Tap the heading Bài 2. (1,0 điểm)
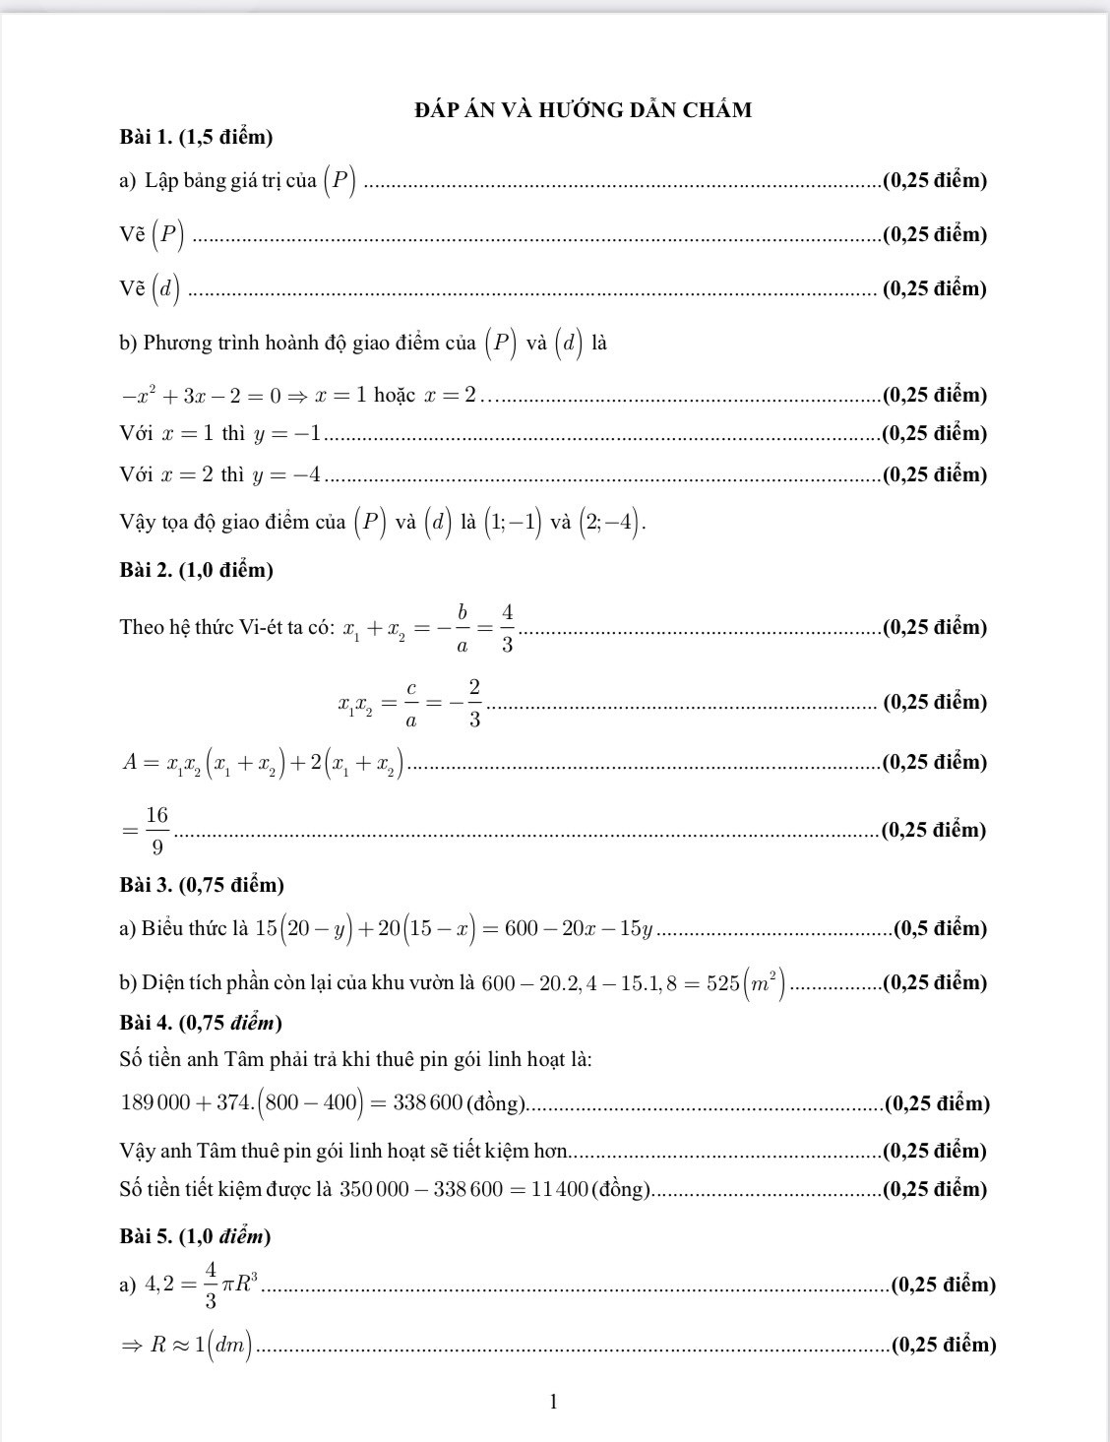click(x=196, y=569)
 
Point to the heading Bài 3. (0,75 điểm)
click(x=201, y=885)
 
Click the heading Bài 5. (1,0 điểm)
click(x=195, y=1235)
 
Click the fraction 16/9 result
click(x=156, y=830)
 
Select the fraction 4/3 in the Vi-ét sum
click(x=507, y=628)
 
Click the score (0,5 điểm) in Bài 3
click(x=940, y=928)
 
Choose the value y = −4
click(x=286, y=475)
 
